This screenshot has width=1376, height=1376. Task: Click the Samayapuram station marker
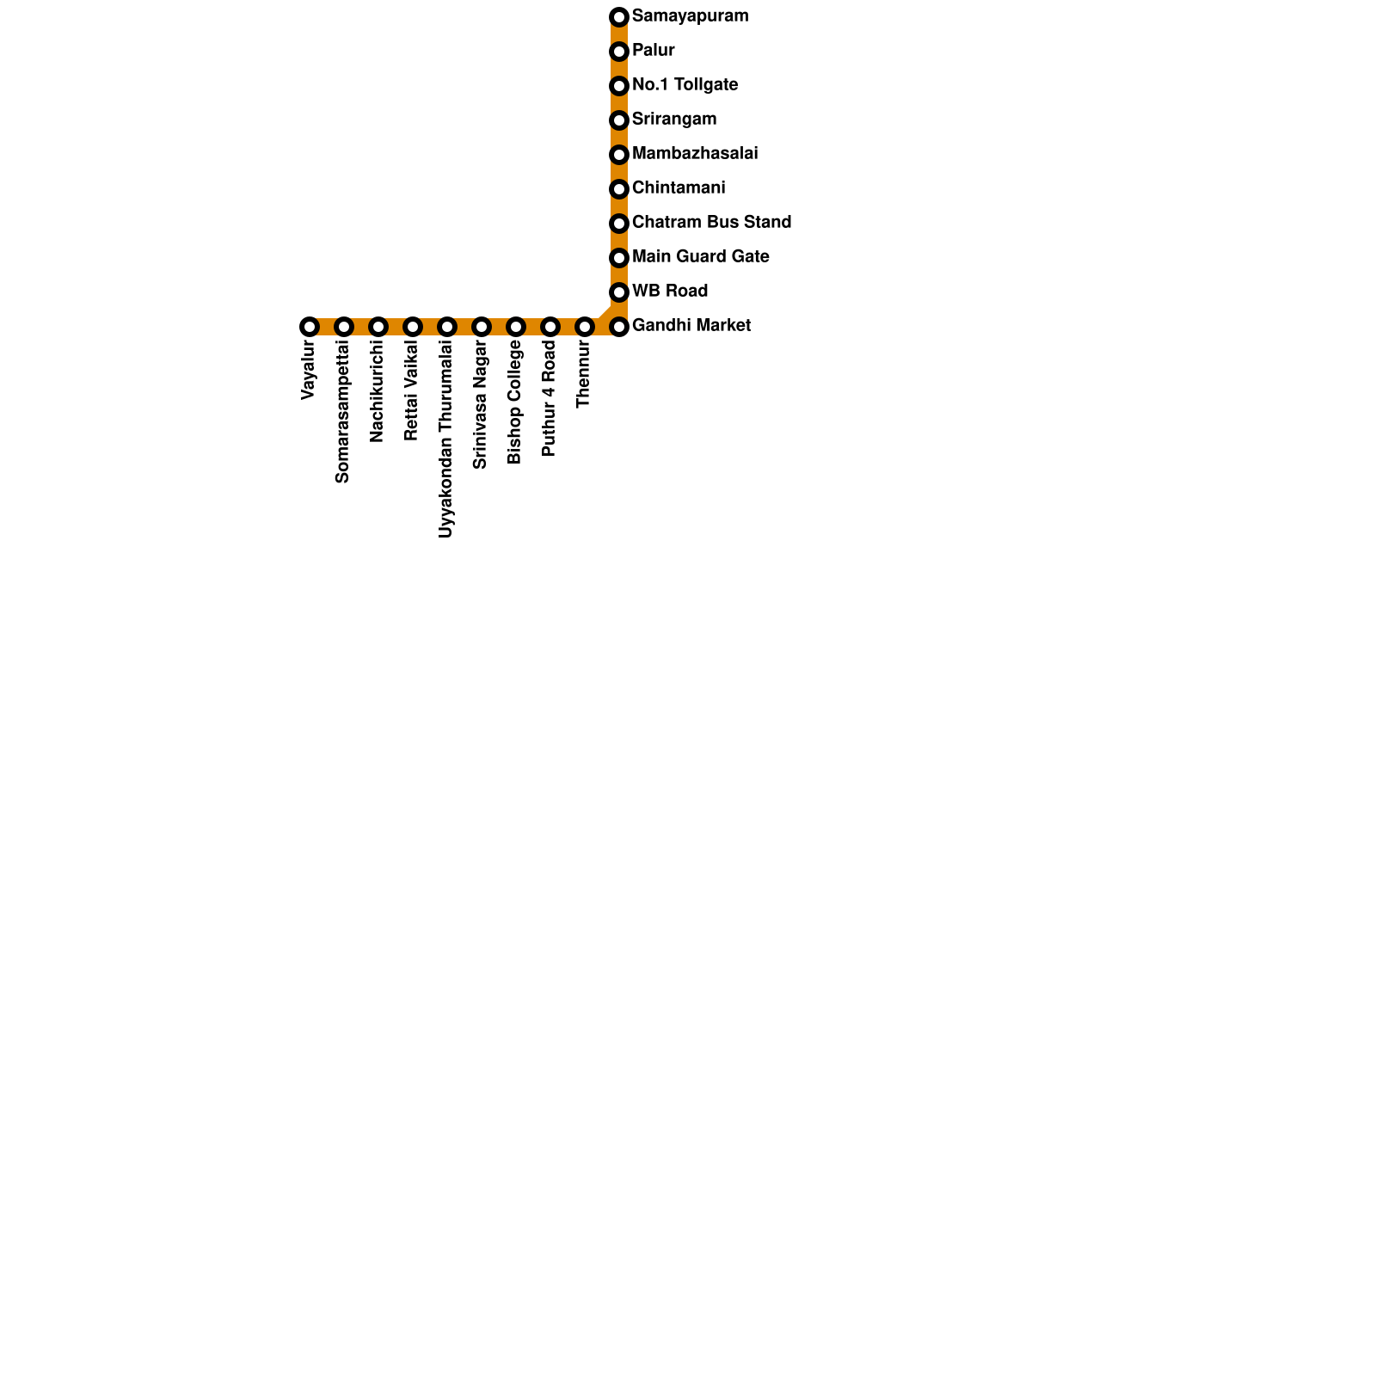coord(619,17)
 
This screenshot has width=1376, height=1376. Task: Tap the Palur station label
coord(653,51)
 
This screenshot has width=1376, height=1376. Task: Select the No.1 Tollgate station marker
coord(619,86)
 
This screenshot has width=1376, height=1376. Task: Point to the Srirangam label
coord(673,120)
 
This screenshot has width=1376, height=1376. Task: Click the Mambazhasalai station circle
coord(619,155)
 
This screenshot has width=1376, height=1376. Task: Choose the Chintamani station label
coord(678,188)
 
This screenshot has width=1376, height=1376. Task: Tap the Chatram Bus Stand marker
coord(619,224)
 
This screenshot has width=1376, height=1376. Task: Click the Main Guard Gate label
coord(700,257)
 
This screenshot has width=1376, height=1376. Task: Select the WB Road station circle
coord(619,292)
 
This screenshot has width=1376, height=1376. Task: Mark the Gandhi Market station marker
coord(619,327)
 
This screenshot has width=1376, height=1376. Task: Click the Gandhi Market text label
coord(691,326)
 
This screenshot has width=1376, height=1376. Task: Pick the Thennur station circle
coord(585,327)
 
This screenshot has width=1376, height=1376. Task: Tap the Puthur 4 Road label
coord(550,398)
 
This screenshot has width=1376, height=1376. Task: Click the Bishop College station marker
coord(516,327)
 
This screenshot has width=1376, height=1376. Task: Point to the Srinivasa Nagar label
coord(481,405)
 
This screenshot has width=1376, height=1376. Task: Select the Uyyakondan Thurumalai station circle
coord(447,327)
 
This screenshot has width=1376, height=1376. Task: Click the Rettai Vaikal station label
coord(412,391)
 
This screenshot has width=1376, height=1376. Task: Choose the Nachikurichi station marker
coord(378,327)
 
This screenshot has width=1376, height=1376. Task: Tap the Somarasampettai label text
coord(343,412)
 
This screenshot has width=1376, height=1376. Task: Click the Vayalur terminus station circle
coord(310,327)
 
